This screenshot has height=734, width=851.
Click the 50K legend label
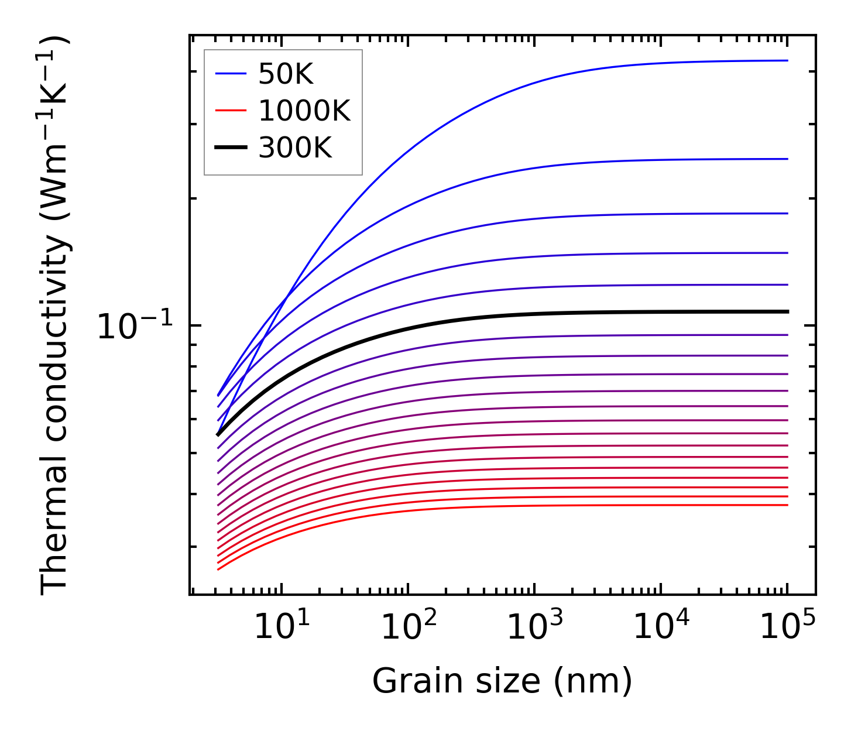[x=286, y=74]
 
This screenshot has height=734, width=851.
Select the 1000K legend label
[x=304, y=111]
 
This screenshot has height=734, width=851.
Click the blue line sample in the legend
[x=231, y=74]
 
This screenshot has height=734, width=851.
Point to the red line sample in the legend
[x=231, y=111]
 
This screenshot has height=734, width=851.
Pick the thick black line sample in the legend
[x=231, y=148]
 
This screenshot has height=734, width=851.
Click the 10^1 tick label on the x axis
[x=282, y=628]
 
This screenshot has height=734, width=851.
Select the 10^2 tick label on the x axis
[x=409, y=628]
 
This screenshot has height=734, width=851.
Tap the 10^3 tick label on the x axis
[x=535, y=628]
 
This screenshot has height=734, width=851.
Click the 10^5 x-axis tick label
[x=788, y=628]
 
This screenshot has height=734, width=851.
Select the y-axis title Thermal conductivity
[x=56, y=315]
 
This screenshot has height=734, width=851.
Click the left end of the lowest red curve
[x=218, y=569]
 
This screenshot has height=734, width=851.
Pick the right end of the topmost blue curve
[x=787, y=60]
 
